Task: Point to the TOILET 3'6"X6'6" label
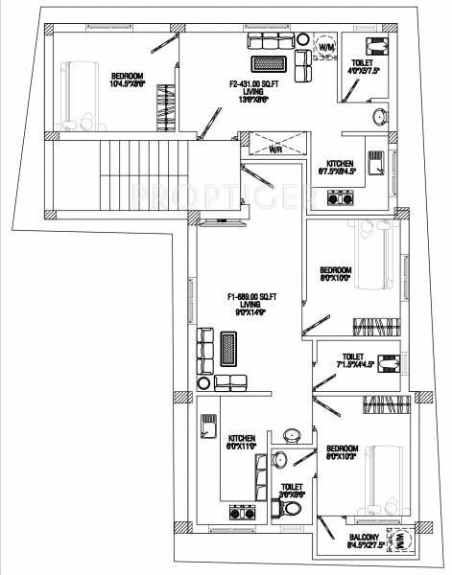[x=292, y=490]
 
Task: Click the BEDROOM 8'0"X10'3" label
[x=342, y=452]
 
